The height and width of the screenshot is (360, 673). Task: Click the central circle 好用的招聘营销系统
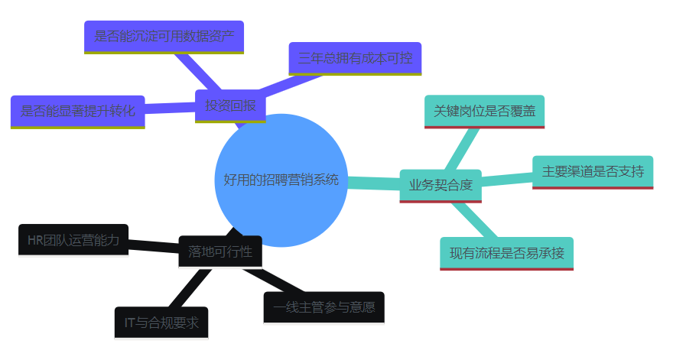point(281,180)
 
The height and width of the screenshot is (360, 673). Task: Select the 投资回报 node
point(230,105)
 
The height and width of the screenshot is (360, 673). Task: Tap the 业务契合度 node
point(441,185)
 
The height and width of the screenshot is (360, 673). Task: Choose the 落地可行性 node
point(220,251)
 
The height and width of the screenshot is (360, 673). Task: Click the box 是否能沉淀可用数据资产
point(164,36)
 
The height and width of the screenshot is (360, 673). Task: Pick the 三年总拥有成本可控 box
point(355,58)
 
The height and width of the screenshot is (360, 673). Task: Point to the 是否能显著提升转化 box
point(78,111)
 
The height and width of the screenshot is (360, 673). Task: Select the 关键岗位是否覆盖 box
point(484,111)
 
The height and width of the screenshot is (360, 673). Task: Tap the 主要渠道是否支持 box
point(593,171)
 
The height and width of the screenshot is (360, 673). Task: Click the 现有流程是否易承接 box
point(506,253)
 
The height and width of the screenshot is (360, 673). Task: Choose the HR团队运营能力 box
point(73,240)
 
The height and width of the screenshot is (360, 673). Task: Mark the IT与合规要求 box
point(161,323)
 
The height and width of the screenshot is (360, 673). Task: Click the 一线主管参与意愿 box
point(323,307)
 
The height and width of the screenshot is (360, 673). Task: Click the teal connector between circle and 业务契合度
point(373,183)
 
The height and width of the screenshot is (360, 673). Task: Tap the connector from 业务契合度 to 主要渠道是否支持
point(507,179)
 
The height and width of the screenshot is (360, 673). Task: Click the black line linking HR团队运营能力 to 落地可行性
point(153,245)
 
